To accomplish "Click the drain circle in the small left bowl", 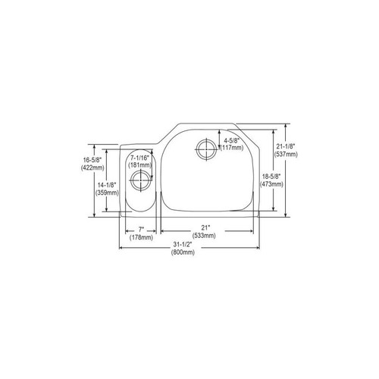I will pos(139,180).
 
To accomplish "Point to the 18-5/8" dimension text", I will pos(271,175).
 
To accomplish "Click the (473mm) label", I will pos(271,183).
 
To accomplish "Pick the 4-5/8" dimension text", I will pos(233,141).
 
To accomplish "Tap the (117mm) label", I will pos(233,149).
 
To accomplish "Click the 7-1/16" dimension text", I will pos(140,157).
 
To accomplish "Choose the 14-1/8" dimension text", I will pos(108,185).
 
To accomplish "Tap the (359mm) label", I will pos(108,193).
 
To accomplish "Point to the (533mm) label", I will pos(205,237).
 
